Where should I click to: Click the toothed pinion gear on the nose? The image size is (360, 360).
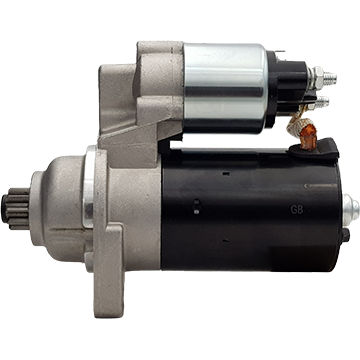coord(16,209)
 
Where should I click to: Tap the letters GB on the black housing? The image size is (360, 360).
coord(297,209)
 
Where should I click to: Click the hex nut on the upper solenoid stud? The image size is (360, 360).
coord(317,78)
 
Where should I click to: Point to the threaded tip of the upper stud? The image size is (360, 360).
coord(330,79)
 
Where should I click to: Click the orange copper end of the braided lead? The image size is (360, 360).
coord(307,137)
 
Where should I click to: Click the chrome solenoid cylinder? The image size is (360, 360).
coord(225,88)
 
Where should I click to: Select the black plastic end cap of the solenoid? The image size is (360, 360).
coord(287,89)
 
